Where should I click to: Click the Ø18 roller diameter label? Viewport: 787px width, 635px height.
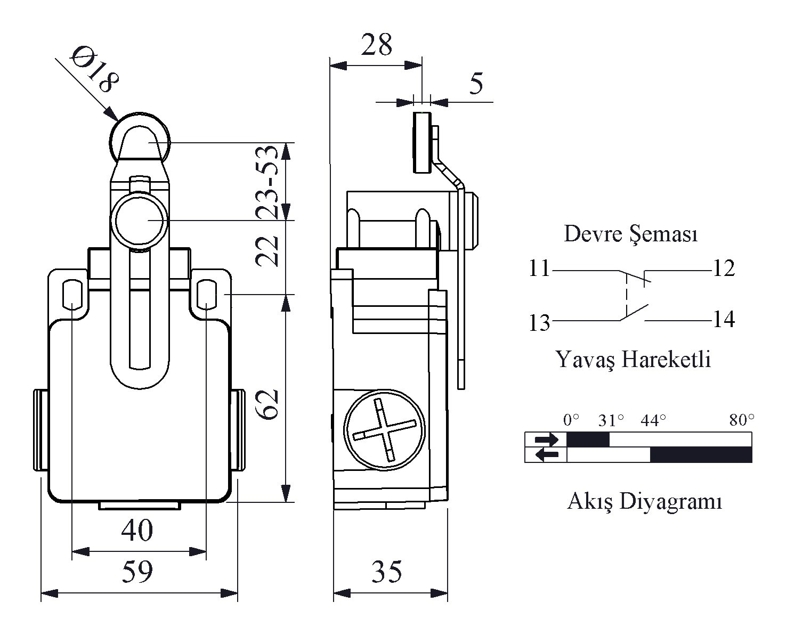click(x=94, y=69)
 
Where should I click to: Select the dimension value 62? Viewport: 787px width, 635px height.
click(x=267, y=404)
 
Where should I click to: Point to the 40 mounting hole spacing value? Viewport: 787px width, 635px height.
click(x=137, y=531)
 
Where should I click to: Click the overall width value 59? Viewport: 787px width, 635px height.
click(x=137, y=571)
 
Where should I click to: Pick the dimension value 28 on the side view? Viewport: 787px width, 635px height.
click(x=376, y=44)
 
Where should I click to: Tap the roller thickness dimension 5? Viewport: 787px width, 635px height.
click(x=476, y=84)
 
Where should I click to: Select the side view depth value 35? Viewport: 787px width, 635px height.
click(x=386, y=572)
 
